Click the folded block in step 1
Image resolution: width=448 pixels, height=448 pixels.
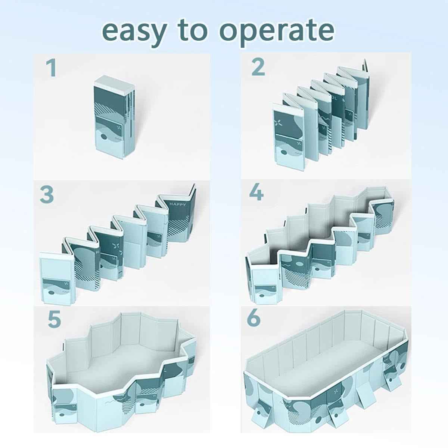pos(112,119)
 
